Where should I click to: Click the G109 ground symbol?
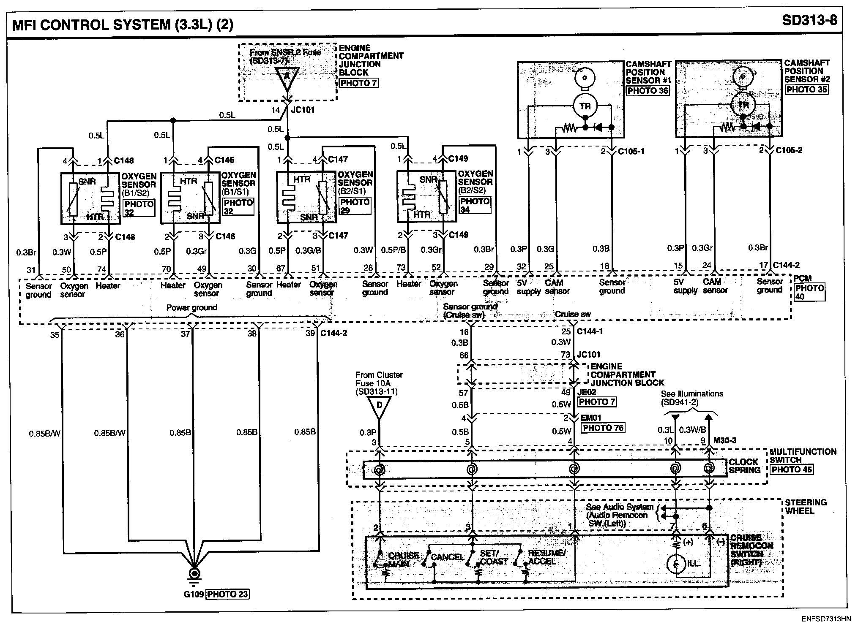194,575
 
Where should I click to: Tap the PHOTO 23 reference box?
227,594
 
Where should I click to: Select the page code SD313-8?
809,20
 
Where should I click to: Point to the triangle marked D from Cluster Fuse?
379,407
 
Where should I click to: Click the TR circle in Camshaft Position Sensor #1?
585,106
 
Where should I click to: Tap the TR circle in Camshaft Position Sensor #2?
743,106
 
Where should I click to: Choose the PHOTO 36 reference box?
648,90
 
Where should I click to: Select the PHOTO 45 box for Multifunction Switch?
792,469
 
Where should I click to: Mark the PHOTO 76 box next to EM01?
603,428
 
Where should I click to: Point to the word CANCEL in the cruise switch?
447,557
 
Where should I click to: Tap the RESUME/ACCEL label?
546,557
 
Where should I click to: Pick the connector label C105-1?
631,151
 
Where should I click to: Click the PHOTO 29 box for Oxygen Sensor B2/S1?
355,206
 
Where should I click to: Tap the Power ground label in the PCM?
192,307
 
